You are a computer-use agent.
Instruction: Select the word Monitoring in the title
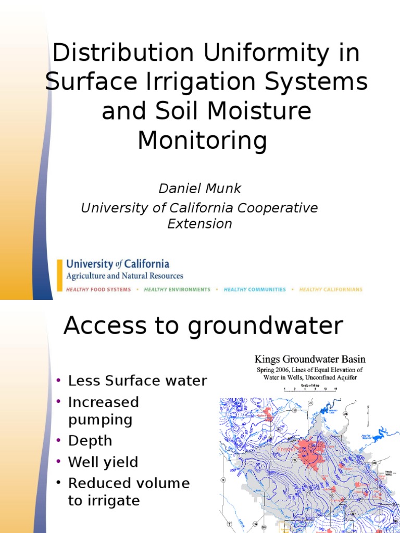(202, 141)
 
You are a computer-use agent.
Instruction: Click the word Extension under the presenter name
(199, 224)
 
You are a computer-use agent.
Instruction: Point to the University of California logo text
(118, 264)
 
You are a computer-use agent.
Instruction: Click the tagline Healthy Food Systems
(98, 289)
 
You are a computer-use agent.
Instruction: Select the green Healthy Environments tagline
(177, 289)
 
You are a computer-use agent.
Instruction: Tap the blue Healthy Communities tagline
(255, 289)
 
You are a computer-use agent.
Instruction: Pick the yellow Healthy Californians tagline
(331, 289)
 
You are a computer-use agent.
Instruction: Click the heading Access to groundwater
(203, 326)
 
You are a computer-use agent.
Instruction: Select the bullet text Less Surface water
(137, 381)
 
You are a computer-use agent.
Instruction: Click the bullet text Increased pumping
(104, 411)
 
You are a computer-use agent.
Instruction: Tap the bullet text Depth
(90, 440)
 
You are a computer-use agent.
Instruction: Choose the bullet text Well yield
(103, 462)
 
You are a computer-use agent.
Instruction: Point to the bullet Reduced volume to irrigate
(129, 492)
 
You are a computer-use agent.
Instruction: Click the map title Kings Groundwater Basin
(309, 359)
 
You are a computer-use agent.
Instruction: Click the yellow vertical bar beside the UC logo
(59, 276)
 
